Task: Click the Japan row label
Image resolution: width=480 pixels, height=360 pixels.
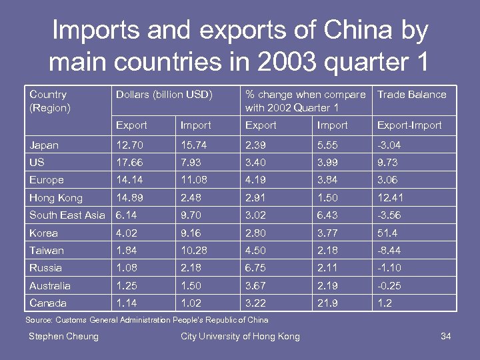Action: click(44, 145)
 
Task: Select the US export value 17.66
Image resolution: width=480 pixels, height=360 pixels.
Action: click(129, 163)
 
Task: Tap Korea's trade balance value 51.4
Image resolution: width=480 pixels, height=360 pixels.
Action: click(388, 233)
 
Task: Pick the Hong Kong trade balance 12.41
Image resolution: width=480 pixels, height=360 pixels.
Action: click(390, 198)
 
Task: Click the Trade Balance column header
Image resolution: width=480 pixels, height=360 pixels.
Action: click(411, 95)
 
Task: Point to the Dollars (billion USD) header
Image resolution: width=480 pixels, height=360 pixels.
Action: click(164, 95)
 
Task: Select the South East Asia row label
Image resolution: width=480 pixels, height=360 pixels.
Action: click(67, 215)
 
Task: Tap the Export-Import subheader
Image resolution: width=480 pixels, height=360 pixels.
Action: click(409, 125)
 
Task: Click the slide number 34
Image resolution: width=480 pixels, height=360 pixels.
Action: click(446, 336)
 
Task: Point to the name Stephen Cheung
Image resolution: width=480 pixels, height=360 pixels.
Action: click(63, 336)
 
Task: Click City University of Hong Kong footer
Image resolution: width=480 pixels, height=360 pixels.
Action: click(240, 336)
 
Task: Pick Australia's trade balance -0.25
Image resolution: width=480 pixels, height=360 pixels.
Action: click(389, 286)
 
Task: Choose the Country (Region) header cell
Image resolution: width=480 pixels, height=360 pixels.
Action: click(49, 101)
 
